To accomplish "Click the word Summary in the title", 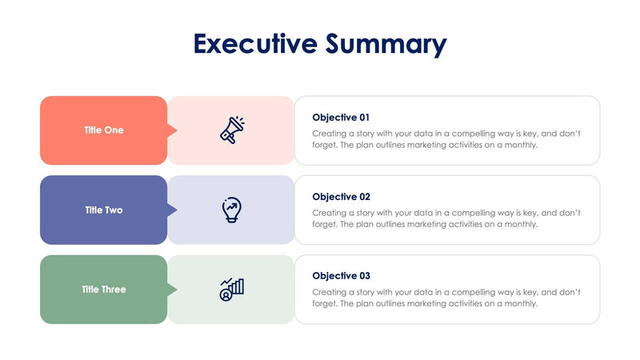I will (386, 45).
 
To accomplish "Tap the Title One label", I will (104, 130).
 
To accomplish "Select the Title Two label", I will (104, 210).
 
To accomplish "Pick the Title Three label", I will (104, 290).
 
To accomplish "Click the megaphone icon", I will (232, 130).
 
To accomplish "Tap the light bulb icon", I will (231, 210).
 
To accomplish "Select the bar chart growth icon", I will (232, 290).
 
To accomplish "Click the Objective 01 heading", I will (341, 117).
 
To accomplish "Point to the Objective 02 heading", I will (341, 197).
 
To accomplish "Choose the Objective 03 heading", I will (341, 276).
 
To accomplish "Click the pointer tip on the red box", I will (174, 130).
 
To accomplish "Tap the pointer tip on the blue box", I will (174, 210).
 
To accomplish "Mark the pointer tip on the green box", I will (174, 290).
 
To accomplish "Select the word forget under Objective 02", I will (325, 225).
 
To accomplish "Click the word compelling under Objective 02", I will (477, 214).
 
